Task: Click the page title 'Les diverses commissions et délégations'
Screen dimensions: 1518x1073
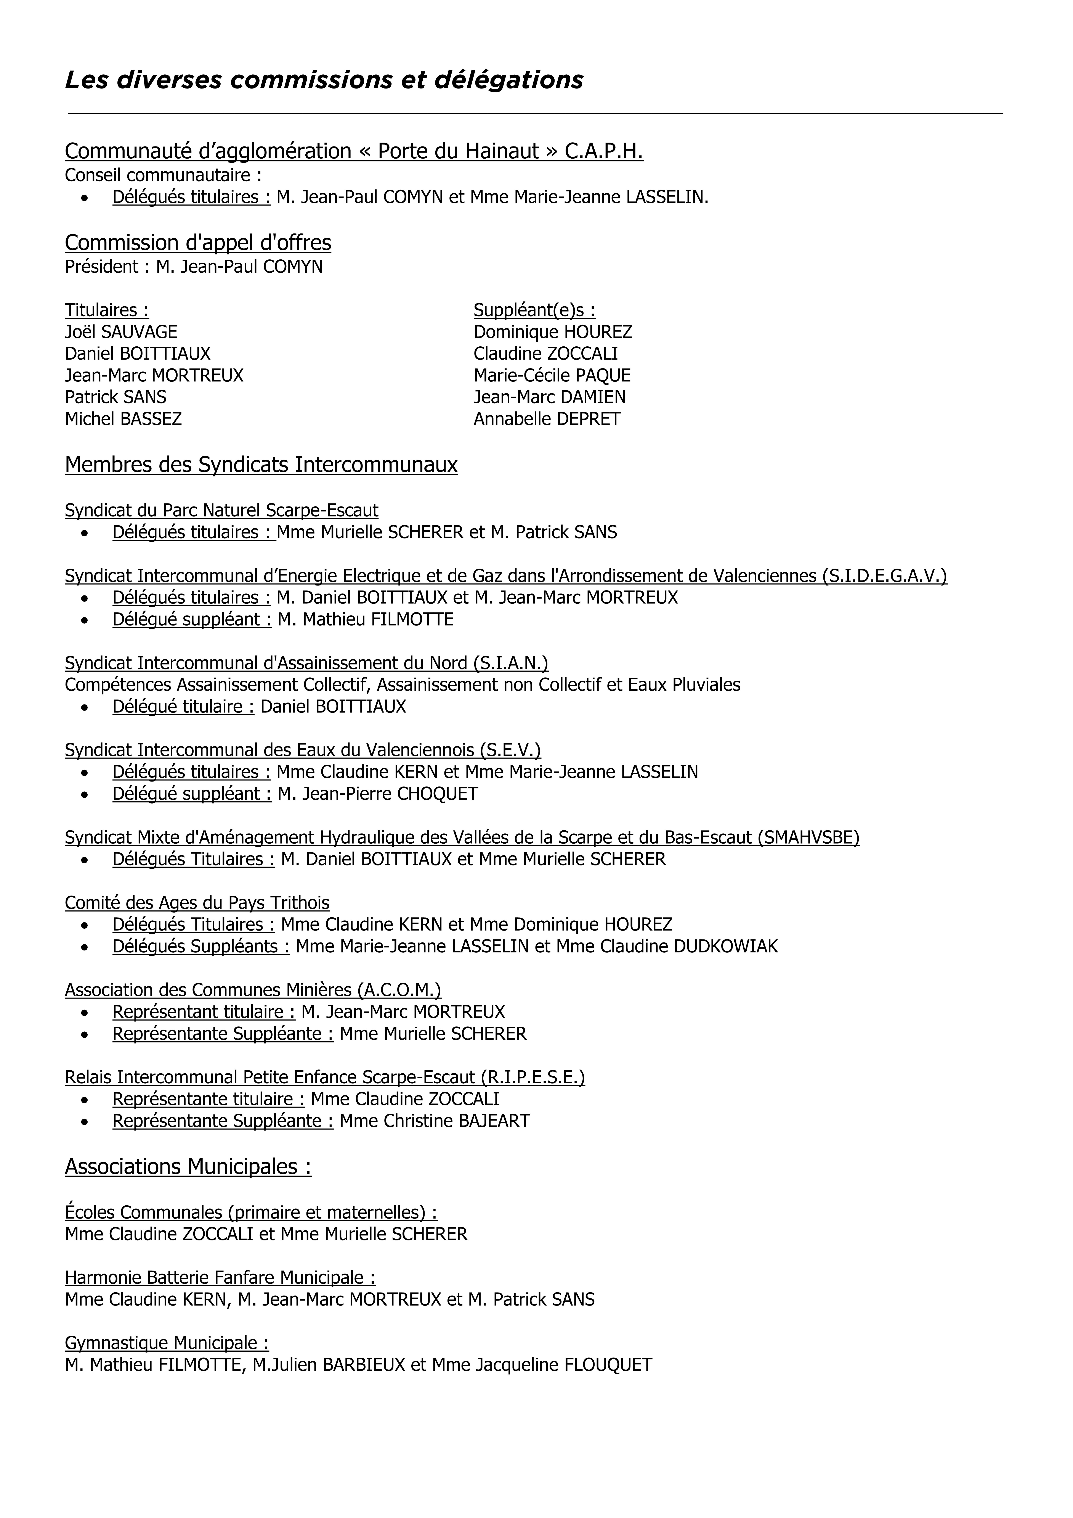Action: [x=324, y=80]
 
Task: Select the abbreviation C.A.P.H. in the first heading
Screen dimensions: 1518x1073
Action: [x=604, y=151]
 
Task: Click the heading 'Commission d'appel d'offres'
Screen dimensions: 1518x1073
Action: [x=198, y=243]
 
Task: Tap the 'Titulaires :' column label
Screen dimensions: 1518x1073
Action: [x=106, y=310]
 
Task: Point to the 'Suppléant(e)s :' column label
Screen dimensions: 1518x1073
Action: [x=534, y=310]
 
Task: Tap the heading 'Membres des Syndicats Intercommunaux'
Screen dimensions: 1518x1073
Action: [x=261, y=465]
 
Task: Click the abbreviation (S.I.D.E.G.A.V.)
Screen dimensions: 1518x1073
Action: [x=885, y=576]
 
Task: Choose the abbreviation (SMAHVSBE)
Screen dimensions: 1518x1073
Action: [x=808, y=838]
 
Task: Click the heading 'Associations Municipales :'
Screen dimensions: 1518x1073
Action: [x=188, y=1166]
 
